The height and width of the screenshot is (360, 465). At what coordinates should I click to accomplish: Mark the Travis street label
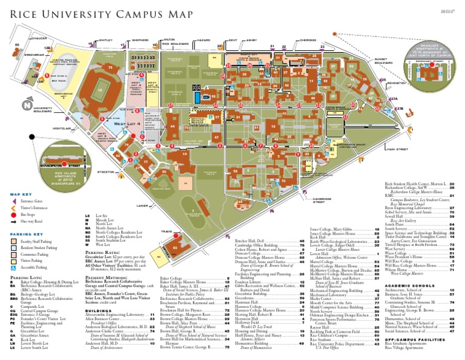pyautogui.click(x=167, y=231)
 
